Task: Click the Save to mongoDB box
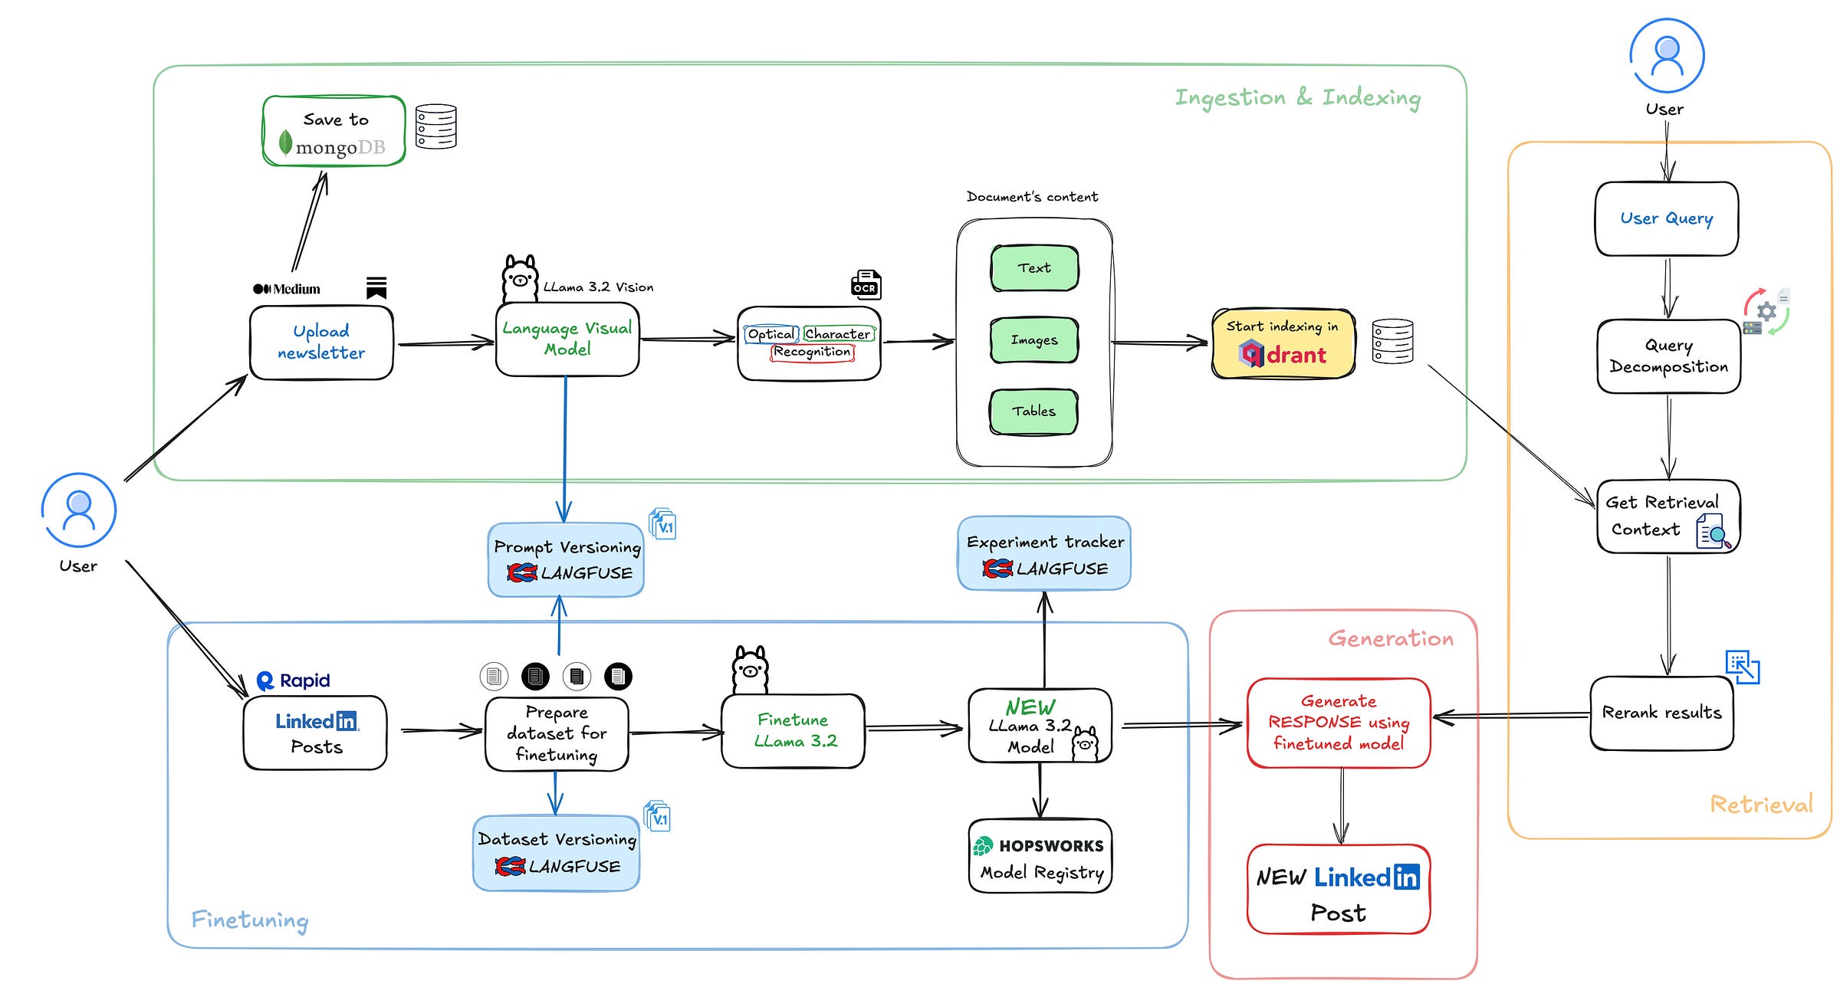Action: pyautogui.click(x=334, y=131)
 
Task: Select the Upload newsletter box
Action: pyautogui.click(x=321, y=343)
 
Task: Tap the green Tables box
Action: pyautogui.click(x=1033, y=412)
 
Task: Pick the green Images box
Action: pyautogui.click(x=1034, y=340)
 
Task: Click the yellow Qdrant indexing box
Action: pyautogui.click(x=1283, y=343)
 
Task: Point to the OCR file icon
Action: pyautogui.click(x=866, y=284)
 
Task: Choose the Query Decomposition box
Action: pyautogui.click(x=1668, y=356)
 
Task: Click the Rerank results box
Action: pyautogui.click(x=1661, y=713)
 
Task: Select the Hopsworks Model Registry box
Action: pyautogui.click(x=1040, y=856)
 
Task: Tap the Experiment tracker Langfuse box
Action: pyautogui.click(x=1044, y=554)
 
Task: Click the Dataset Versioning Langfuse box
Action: pyautogui.click(x=557, y=853)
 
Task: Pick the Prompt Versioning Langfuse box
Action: pyautogui.click(x=567, y=560)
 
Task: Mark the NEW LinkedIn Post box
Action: pyautogui.click(x=1338, y=890)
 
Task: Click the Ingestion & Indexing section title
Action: pyautogui.click(x=1297, y=98)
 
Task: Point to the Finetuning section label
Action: pyautogui.click(x=250, y=919)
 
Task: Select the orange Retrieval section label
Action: pyautogui.click(x=1761, y=804)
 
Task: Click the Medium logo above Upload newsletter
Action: pyautogui.click(x=287, y=289)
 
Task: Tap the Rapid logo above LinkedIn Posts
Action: pyautogui.click(x=294, y=680)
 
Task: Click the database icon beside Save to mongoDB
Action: pyautogui.click(x=435, y=126)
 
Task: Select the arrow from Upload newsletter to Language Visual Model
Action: pyautogui.click(x=445, y=343)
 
